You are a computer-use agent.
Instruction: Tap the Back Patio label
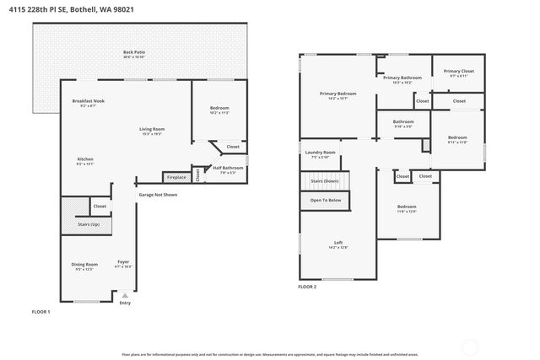[x=134, y=53]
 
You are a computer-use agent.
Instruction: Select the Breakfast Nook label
[x=88, y=103]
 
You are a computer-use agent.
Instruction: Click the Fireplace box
[x=175, y=177]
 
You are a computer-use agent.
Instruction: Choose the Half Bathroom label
[x=227, y=168]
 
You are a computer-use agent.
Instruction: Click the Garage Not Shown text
[x=159, y=195]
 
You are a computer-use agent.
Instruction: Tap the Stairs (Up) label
[x=89, y=224]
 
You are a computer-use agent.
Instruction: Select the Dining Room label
[x=84, y=265]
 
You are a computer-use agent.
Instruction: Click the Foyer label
[x=123, y=261]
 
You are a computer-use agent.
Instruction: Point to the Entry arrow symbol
[x=125, y=295]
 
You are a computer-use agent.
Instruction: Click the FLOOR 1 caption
[x=41, y=312]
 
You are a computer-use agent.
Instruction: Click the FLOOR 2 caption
[x=307, y=287]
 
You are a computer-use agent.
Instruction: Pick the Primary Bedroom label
[x=337, y=94]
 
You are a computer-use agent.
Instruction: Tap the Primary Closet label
[x=459, y=72]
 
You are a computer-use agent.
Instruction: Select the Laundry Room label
[x=320, y=153]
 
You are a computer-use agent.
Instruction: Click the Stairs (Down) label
[x=325, y=180]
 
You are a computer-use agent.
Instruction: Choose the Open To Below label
[x=326, y=200]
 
